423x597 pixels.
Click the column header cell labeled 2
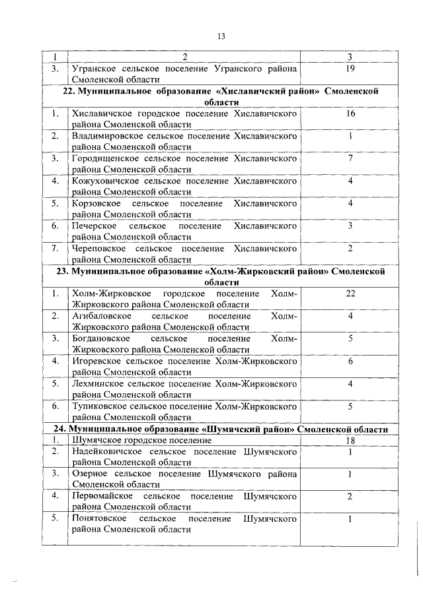click(x=185, y=57)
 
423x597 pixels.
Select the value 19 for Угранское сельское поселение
click(x=350, y=68)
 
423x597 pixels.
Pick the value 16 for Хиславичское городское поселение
click(x=350, y=114)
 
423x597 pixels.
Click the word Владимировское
click(x=105, y=136)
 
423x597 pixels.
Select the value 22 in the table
click(x=350, y=294)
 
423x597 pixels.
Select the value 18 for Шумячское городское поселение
click(x=350, y=441)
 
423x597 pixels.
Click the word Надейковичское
click(x=106, y=452)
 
